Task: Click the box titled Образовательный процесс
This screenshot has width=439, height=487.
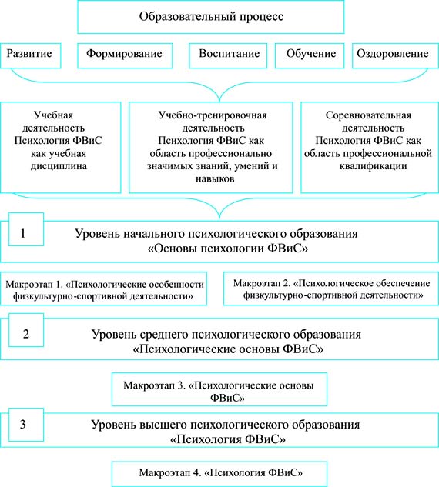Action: click(x=211, y=17)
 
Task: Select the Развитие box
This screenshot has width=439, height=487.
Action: click(x=31, y=55)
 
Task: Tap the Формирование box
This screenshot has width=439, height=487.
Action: click(x=125, y=55)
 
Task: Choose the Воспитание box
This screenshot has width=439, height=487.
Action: click(x=228, y=55)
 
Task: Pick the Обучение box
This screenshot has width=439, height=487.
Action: click(x=310, y=55)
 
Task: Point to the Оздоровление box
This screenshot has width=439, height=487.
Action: click(x=395, y=55)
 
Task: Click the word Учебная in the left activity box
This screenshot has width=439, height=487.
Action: click(x=53, y=115)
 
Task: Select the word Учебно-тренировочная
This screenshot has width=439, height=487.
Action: click(x=213, y=115)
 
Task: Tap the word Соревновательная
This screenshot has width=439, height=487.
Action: click(x=368, y=115)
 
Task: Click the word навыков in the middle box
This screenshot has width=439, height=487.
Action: click(x=215, y=179)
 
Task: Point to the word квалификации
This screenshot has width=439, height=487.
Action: click(x=373, y=166)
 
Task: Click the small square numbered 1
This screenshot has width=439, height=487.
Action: click(x=26, y=229)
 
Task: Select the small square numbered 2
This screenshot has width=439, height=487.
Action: click(x=26, y=330)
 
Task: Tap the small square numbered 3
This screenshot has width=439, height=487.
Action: click(x=26, y=425)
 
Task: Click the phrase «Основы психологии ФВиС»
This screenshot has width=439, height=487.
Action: click(x=227, y=249)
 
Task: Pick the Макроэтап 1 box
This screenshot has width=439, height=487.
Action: click(x=103, y=289)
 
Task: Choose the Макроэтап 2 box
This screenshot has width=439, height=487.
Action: click(x=331, y=289)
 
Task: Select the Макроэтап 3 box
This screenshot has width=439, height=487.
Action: click(x=219, y=389)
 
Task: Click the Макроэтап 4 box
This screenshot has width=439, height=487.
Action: click(x=219, y=474)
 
